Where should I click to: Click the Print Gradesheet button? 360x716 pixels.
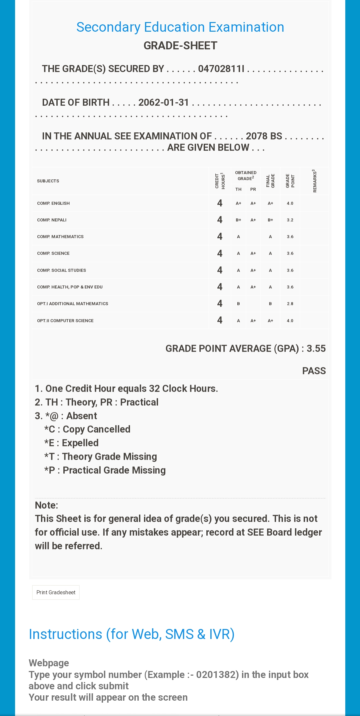[56, 592]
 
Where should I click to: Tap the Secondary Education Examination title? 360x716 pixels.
[180, 27]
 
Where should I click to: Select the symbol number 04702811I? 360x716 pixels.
[221, 69]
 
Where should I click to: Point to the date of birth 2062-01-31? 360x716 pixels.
[164, 102]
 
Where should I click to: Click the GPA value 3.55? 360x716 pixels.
[316, 348]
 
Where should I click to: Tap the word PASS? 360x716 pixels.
[314, 371]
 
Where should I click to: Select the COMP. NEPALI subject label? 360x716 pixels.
[52, 220]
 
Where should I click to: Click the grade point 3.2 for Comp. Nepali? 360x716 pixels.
[290, 220]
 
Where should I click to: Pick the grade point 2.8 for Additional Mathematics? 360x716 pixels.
[290, 304]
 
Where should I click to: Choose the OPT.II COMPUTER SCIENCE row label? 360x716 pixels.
[65, 321]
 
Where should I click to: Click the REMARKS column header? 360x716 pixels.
[314, 181]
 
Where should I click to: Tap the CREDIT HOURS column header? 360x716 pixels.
[220, 181]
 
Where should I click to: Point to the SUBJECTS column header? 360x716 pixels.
[48, 181]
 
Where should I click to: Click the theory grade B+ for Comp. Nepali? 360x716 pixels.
[238, 220]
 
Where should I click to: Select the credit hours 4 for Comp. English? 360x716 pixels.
[220, 203]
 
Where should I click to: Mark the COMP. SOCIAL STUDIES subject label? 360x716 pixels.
[61, 270]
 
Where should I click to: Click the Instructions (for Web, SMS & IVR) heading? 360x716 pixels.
[132, 634]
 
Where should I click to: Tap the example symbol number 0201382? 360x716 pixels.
[217, 675]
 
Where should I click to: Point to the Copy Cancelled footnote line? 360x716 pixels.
[87, 429]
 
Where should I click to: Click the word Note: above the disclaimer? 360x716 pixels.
[46, 505]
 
